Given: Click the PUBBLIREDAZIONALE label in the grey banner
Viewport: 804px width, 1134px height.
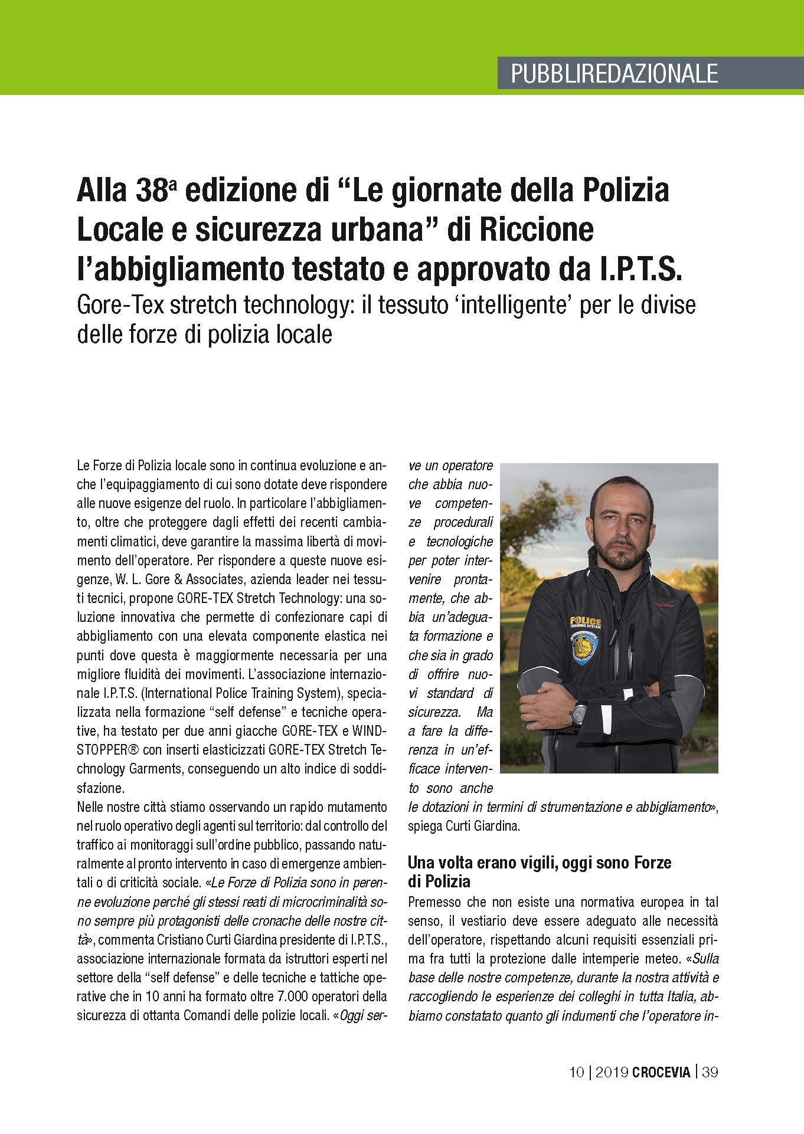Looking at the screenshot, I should pos(614,73).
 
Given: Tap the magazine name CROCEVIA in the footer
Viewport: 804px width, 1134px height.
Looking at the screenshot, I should pos(661,1072).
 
